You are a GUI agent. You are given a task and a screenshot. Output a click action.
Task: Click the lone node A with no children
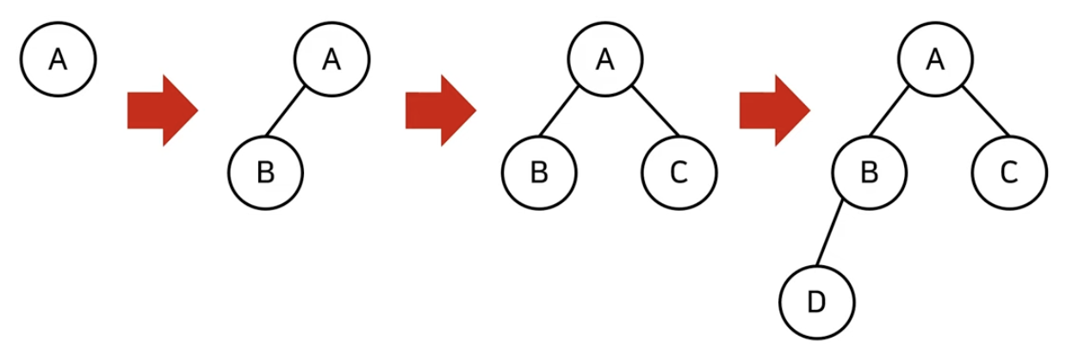click(58, 60)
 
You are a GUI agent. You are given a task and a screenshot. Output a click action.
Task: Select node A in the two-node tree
click(332, 60)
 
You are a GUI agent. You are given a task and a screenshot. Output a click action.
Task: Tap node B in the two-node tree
click(265, 172)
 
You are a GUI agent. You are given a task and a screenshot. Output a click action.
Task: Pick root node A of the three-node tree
click(604, 60)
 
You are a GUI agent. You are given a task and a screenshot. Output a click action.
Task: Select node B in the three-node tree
click(539, 172)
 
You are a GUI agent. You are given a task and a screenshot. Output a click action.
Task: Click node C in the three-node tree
click(678, 172)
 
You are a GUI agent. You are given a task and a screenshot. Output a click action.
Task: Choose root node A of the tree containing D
click(936, 60)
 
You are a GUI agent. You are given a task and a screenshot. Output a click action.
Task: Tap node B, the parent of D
click(870, 172)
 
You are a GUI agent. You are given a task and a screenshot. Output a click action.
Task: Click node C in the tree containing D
click(1008, 172)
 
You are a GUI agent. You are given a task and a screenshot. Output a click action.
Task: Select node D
click(816, 301)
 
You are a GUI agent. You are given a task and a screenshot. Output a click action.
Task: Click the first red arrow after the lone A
click(162, 110)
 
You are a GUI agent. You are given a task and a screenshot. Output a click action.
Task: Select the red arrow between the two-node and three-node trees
click(440, 110)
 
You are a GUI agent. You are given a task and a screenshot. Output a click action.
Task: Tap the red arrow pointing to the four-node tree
click(773, 110)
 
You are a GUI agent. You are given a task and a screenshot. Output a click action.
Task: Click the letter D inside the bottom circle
click(816, 301)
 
